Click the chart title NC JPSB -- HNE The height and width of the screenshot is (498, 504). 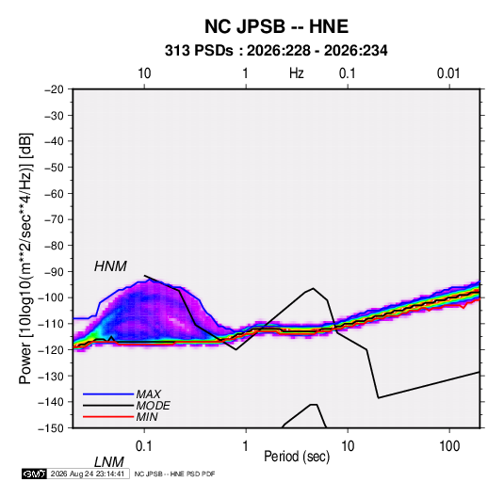tap(276, 26)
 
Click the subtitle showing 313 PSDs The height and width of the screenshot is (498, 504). tap(276, 51)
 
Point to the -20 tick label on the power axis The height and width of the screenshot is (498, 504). tap(54, 89)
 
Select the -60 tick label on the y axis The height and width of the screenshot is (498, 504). tap(54, 193)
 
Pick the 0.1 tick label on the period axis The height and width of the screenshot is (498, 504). tap(144, 446)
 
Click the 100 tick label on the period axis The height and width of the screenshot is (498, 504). tap(449, 446)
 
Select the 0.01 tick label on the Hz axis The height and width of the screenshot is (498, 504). tap(448, 73)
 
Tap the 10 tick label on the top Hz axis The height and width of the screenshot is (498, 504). tap(144, 73)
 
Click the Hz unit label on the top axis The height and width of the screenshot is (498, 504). tap(297, 73)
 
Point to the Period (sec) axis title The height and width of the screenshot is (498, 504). tap(297, 457)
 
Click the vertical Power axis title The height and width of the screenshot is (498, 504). tap(25, 259)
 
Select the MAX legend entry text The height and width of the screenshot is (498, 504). tap(149, 394)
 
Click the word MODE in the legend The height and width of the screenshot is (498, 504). tap(153, 406)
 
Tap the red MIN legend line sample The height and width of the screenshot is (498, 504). tap(108, 417)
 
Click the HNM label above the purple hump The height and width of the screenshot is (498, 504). tap(110, 266)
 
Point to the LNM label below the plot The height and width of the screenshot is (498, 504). tap(109, 462)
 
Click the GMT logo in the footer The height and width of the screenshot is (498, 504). tap(35, 474)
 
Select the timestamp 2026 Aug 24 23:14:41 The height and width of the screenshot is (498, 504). tap(88, 474)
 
